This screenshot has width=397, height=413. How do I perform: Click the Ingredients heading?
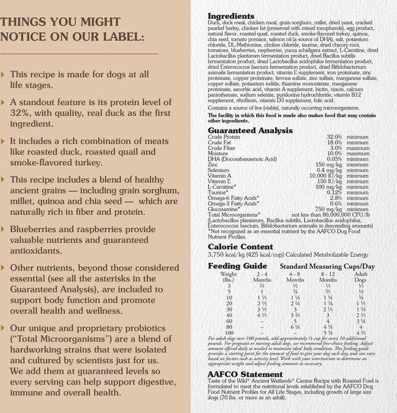coord(231,16)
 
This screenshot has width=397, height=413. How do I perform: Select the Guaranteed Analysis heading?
coord(246,131)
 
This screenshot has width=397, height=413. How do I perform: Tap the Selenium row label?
coord(219,170)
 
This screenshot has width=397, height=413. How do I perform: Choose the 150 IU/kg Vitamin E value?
coord(325,181)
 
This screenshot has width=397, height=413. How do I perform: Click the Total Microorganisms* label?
coord(234,214)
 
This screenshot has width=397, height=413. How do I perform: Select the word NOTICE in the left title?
coord(28,37)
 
